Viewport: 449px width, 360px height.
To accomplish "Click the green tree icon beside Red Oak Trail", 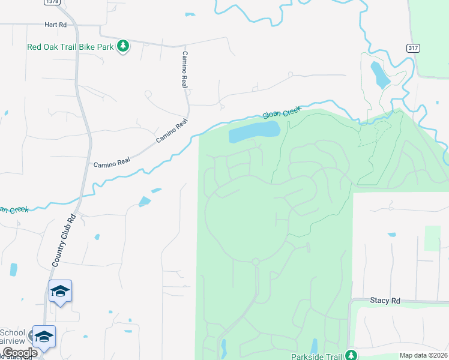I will pos(123,46).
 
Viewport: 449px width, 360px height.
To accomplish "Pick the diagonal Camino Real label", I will pos(172,131).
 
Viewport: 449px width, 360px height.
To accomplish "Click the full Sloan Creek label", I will pos(281,112).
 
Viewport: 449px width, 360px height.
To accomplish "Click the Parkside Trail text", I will pos(316,356).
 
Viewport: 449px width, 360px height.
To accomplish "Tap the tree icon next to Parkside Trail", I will pos(351,356).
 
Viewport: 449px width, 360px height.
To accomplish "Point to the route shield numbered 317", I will pos(412,49).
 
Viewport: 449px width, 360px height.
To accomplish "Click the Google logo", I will pos(20,353).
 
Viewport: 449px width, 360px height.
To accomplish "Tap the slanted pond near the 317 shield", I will pos(380,74).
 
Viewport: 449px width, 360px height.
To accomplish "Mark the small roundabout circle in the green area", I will pos(256,262).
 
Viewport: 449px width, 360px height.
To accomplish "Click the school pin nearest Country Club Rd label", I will pos(60,291).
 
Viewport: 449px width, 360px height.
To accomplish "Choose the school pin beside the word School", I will pos(44,337).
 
